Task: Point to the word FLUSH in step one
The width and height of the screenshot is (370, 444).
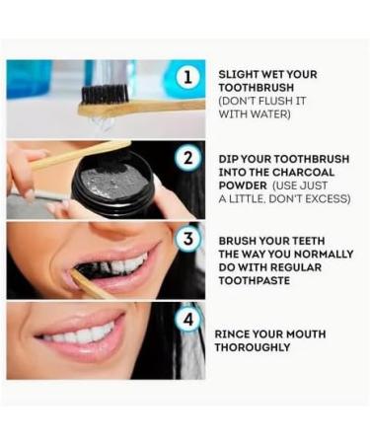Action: point(279,101)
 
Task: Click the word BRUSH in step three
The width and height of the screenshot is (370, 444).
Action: point(240,240)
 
